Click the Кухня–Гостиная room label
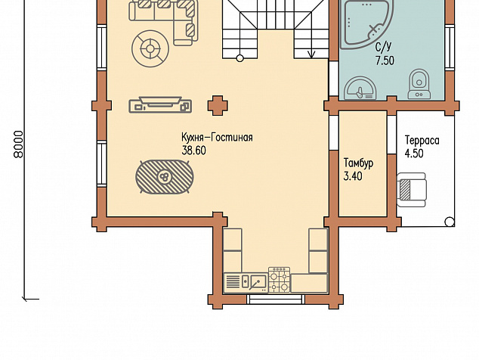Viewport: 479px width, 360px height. point(217,138)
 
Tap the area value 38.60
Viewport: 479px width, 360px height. point(194,151)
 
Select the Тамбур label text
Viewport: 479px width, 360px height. point(358,163)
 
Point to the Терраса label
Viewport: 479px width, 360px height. point(422,141)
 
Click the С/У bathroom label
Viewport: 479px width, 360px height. point(383,46)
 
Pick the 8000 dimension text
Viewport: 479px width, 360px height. point(19,144)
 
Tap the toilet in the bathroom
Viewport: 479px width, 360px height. point(419,84)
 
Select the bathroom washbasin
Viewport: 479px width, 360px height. point(360,88)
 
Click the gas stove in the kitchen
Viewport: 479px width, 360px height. point(280,280)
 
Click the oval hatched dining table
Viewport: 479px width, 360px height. point(165,177)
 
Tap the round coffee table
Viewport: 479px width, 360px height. point(150,48)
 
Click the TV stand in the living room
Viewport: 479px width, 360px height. point(160,105)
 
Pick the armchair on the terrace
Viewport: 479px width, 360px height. point(411,190)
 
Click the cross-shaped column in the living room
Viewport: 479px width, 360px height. point(218,106)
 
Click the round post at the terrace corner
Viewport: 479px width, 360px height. point(450,222)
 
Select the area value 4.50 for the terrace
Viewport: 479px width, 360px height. point(414,154)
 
